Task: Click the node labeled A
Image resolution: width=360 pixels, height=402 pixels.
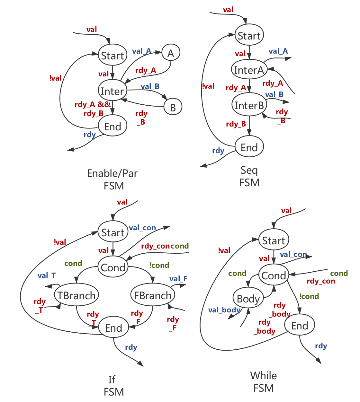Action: [171, 53]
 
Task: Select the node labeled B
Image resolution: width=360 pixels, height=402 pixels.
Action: [173, 107]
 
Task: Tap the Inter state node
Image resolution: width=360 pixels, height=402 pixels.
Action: [113, 92]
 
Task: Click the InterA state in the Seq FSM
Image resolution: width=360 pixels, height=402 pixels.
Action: [249, 70]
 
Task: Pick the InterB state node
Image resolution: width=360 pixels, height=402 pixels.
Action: [249, 105]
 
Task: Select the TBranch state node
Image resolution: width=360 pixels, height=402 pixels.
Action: [76, 295]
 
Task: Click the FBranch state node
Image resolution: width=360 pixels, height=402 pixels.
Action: [153, 295]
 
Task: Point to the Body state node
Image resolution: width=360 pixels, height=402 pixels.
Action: [248, 299]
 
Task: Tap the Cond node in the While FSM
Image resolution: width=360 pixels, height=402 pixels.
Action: [274, 275]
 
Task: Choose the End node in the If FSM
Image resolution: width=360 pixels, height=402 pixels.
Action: [113, 328]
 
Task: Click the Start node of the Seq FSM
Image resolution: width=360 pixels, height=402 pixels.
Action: [249, 36]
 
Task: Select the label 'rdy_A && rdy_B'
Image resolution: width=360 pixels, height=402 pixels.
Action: [93, 109]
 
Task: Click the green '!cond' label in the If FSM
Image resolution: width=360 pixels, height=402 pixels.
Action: [159, 265]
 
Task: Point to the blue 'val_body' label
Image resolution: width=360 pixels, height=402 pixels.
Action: [224, 310]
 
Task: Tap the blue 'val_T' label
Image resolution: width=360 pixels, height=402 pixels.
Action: [47, 275]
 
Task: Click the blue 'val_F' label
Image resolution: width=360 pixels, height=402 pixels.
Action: [178, 279]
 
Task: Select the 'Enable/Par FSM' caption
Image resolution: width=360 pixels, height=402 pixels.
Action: [113, 179]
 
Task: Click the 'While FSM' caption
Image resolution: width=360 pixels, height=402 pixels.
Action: [264, 382]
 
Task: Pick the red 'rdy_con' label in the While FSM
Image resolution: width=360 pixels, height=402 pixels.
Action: [321, 281]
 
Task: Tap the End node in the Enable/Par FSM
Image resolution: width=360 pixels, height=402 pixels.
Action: [113, 127]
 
